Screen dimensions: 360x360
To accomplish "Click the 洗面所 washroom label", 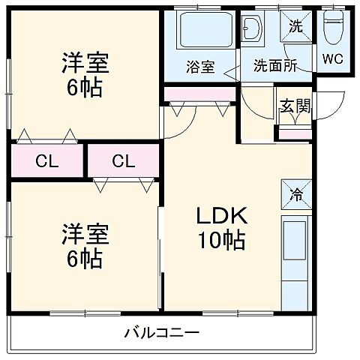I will (275, 65).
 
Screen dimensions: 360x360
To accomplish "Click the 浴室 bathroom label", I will (201, 65).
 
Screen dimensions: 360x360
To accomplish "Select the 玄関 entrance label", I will (294, 105).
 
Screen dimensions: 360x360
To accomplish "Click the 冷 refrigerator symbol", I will (295, 195).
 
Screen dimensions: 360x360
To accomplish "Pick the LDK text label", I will (221, 217).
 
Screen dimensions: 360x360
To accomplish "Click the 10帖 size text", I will (221, 241).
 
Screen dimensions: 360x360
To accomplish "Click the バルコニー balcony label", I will (161, 332).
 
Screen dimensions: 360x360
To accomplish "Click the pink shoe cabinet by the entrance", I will (295, 134).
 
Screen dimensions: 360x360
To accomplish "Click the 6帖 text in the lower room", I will (83, 259).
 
